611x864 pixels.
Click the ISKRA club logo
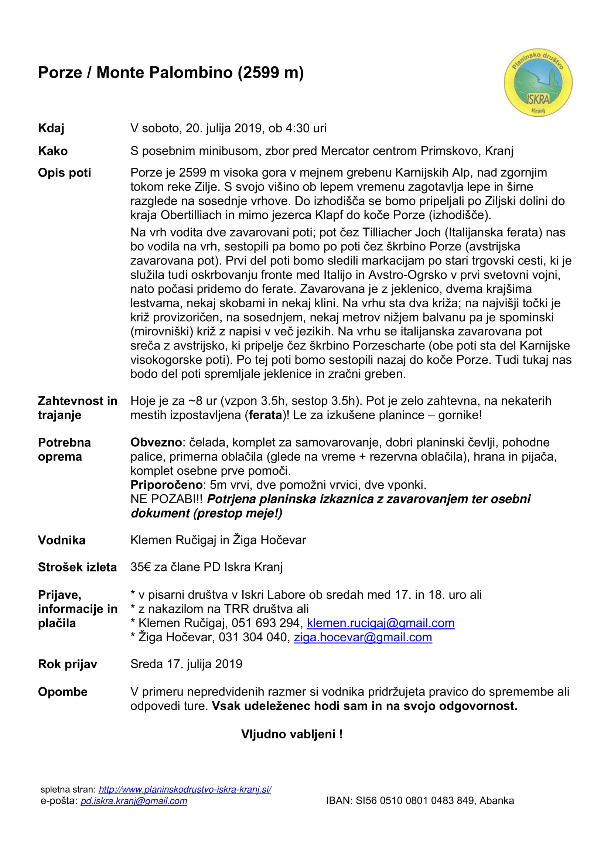pos(537,82)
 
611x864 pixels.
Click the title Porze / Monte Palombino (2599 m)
pos(171,73)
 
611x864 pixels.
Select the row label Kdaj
pos(51,128)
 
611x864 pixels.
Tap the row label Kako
pos(53,151)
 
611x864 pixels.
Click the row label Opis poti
pos(64,173)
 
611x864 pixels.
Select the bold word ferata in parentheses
pos(265,415)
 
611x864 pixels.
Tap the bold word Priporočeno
pos(167,485)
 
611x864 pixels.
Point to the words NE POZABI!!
pos(166,499)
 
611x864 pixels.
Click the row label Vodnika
pos(62,540)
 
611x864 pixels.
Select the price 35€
pos(140,567)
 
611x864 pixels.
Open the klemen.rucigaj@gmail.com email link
pos(380,623)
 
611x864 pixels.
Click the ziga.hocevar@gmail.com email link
pos(363,638)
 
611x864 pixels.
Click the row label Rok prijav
pos(67,664)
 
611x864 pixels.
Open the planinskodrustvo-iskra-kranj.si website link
pos(185,789)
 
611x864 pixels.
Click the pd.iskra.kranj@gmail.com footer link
pos(134,801)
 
